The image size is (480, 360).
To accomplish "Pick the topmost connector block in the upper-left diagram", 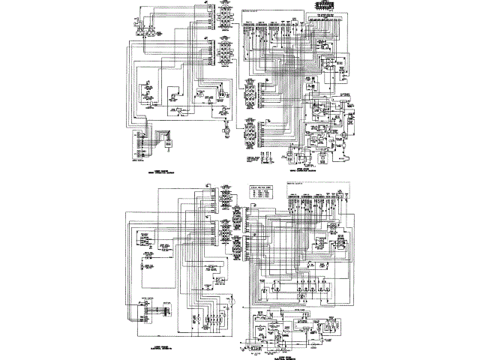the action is click(x=223, y=15).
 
